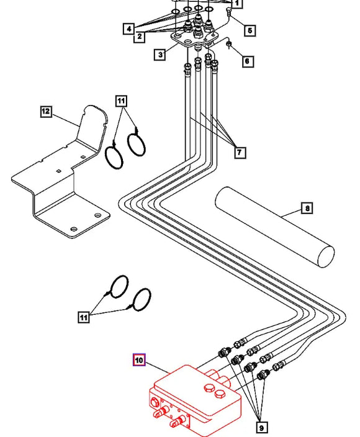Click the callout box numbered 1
pyautogui.click(x=236, y=3)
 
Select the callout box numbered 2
pyautogui.click(x=139, y=36)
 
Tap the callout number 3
pyautogui.click(x=160, y=55)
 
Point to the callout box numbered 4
pyautogui.click(x=128, y=29)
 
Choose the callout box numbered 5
pyautogui.click(x=250, y=30)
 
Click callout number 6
pyautogui.click(x=248, y=61)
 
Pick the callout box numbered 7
pyautogui.click(x=240, y=153)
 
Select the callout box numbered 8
pyautogui.click(x=307, y=208)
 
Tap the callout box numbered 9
pyautogui.click(x=262, y=428)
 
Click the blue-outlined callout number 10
pyautogui.click(x=139, y=360)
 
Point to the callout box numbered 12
pyautogui.click(x=46, y=112)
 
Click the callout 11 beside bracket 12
pyautogui.click(x=121, y=101)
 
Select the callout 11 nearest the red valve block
pyautogui.click(x=84, y=317)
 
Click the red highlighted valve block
pyautogui.click(x=195, y=402)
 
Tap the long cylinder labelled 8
pyautogui.click(x=274, y=227)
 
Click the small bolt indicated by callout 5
pyautogui.click(x=229, y=12)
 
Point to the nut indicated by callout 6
pyautogui.click(x=228, y=43)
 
